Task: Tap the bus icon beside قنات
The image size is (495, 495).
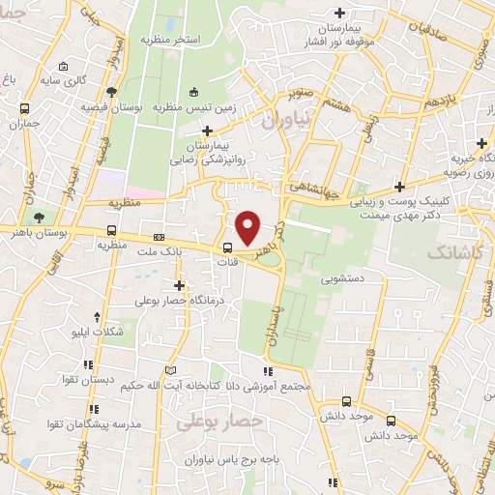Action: (228, 247)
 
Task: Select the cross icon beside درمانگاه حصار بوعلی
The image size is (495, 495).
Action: (180, 285)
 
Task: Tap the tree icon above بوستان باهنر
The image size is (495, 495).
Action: (39, 216)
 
